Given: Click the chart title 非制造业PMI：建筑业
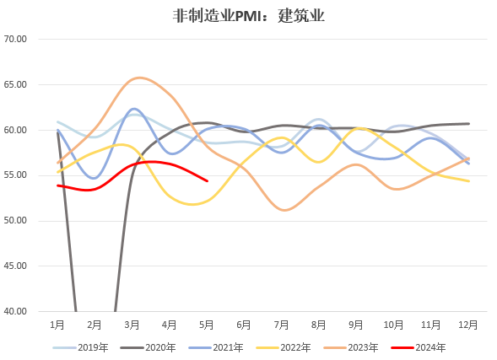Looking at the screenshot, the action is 248,16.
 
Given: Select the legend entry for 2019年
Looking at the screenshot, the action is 80,347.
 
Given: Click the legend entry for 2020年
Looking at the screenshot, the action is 148,347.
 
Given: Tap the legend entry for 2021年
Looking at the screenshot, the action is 215,347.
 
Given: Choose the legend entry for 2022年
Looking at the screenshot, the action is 284,347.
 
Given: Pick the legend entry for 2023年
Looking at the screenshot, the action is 351,347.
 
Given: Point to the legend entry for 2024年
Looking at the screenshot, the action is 419,347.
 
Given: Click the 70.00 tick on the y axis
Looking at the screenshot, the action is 15,39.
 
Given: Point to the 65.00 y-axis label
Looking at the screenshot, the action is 15,84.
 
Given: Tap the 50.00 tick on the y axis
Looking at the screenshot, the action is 15,220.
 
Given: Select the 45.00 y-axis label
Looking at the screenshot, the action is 15,266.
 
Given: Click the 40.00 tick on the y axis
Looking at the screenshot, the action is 15,311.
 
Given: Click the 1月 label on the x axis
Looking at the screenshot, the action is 57,325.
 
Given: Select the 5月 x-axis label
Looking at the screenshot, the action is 207,325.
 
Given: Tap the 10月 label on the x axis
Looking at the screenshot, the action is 393,325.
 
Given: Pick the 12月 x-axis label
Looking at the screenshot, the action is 468,325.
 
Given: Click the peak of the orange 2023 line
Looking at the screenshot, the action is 139,78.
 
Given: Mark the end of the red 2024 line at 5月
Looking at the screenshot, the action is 208,181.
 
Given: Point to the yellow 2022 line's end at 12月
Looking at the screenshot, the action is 469,181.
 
